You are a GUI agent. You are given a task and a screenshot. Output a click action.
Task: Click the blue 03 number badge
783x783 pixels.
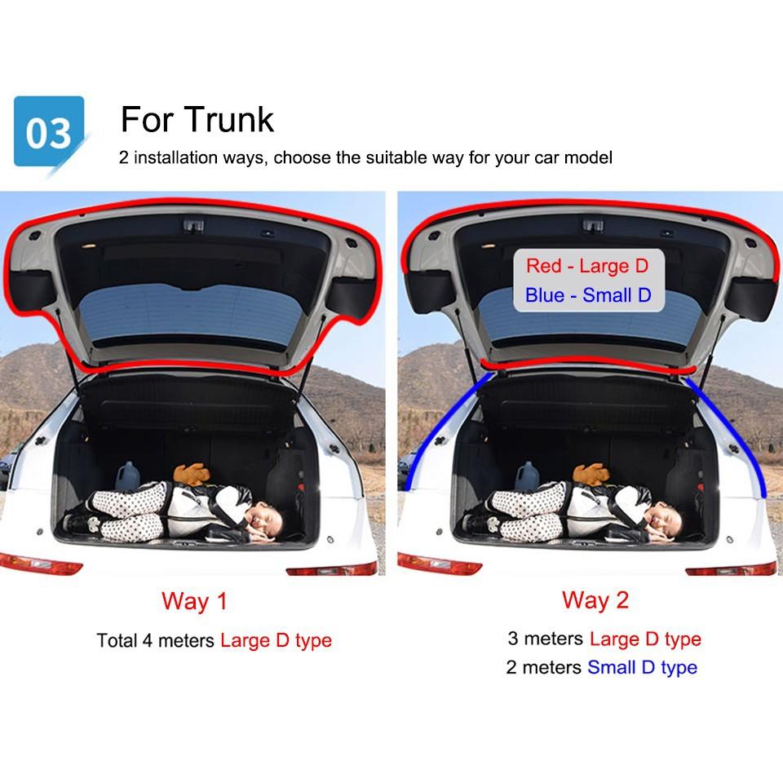49,132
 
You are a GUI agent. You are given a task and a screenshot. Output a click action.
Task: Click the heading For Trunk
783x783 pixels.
197,119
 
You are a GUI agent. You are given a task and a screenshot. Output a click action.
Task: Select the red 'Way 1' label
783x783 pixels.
194,601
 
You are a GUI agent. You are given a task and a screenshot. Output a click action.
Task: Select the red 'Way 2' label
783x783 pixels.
595,600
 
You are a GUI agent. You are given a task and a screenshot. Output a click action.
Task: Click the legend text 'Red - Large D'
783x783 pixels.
587,266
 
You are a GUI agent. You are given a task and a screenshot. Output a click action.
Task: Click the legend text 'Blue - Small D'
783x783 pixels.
588,295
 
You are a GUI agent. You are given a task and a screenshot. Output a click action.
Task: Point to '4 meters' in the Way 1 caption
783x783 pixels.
179,640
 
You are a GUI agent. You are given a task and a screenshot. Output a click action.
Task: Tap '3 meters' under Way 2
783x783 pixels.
546,639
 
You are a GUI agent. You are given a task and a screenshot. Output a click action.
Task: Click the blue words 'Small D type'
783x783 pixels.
642,667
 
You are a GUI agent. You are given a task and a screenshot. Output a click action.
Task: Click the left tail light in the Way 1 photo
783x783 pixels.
41,564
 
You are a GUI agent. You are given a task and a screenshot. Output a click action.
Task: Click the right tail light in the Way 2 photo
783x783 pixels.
731,568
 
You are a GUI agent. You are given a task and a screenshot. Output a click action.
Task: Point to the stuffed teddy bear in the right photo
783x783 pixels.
591,473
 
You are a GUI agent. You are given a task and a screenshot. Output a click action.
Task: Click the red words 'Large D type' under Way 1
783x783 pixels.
276,641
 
